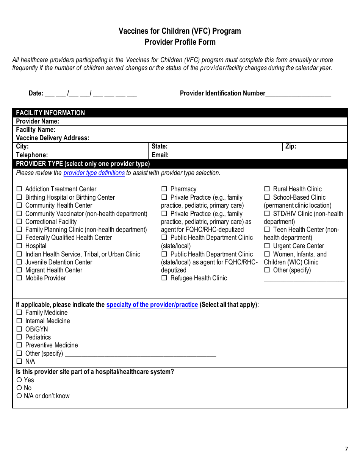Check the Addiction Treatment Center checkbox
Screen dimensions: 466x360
click(x=19, y=189)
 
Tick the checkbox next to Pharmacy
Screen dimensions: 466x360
click(x=164, y=189)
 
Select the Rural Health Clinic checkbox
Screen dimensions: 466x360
click(x=267, y=189)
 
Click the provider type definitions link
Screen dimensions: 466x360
click(x=94, y=173)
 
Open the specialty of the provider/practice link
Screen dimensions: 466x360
click(x=152, y=305)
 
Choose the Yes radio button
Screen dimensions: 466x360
click(x=19, y=380)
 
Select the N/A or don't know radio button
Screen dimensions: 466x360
click(x=19, y=396)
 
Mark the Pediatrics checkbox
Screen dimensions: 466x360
click(x=19, y=337)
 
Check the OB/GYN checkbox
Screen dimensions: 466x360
click(x=19, y=329)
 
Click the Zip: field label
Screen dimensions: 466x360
click(x=291, y=147)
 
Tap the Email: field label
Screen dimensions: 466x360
click(x=160, y=155)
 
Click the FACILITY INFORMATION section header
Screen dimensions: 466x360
click(x=50, y=113)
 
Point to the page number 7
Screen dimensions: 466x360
click(x=346, y=449)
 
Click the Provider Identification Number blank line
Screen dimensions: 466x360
click(x=298, y=94)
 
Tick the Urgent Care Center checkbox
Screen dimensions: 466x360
click(x=267, y=246)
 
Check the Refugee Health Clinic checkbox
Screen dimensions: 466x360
click(x=164, y=278)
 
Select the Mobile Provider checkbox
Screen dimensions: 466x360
click(x=19, y=278)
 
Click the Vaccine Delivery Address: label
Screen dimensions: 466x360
click(x=52, y=138)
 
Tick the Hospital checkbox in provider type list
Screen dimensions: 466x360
click(x=19, y=246)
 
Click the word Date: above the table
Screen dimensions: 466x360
click(x=36, y=93)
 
